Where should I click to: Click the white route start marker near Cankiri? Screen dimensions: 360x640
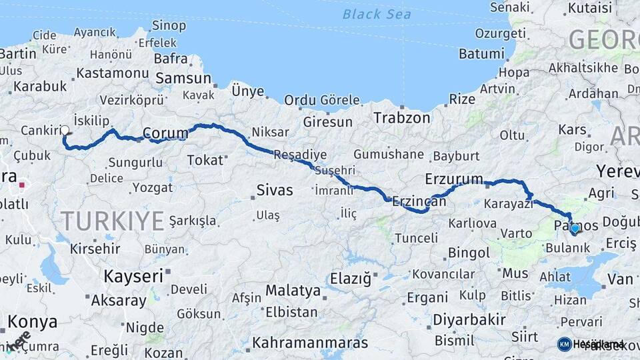click(65, 131)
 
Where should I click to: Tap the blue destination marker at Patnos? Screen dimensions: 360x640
click(575, 229)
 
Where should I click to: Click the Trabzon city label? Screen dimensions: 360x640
click(401, 118)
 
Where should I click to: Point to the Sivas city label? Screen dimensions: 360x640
click(275, 190)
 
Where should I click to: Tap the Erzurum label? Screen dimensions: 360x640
click(453, 179)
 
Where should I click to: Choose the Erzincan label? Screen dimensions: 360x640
click(419, 200)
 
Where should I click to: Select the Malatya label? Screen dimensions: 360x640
click(293, 291)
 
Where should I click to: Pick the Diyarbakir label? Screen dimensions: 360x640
click(469, 320)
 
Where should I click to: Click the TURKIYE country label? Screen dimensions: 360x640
click(112, 220)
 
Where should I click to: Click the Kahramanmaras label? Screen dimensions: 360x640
click(310, 343)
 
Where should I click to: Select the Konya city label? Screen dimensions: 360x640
click(32, 322)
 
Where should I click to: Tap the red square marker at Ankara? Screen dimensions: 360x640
click(22, 185)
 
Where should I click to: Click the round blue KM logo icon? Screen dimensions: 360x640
click(564, 344)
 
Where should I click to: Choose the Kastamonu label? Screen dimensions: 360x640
click(112, 73)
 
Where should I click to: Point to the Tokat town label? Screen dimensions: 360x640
click(205, 160)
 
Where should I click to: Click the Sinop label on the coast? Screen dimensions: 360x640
click(169, 26)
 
